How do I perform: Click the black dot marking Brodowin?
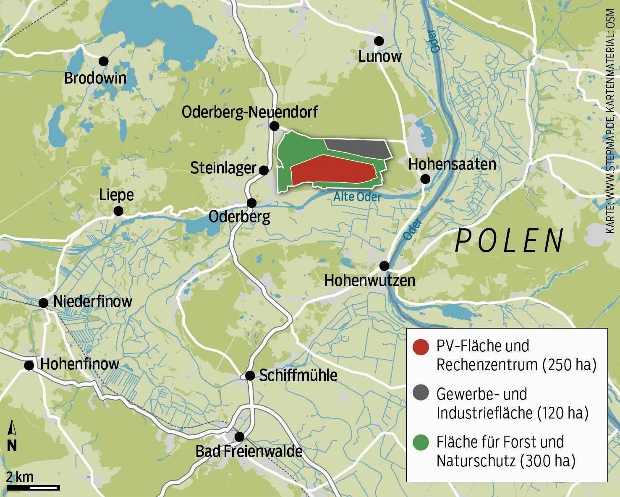(103, 61)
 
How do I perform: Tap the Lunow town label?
(380, 56)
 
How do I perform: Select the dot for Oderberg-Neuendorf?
(275, 126)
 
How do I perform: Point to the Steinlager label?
(223, 168)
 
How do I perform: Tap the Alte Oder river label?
(357, 197)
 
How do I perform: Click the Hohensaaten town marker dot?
(425, 179)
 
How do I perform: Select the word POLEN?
(510, 241)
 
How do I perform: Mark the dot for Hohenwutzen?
(384, 266)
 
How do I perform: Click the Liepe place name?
(116, 195)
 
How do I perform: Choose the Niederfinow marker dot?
(44, 303)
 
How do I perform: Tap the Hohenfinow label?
(80, 364)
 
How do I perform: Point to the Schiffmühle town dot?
(250, 376)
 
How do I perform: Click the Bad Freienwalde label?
(249, 452)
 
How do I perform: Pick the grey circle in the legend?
(421, 393)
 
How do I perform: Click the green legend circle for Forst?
(421, 442)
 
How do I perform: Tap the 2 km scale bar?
(33, 487)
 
